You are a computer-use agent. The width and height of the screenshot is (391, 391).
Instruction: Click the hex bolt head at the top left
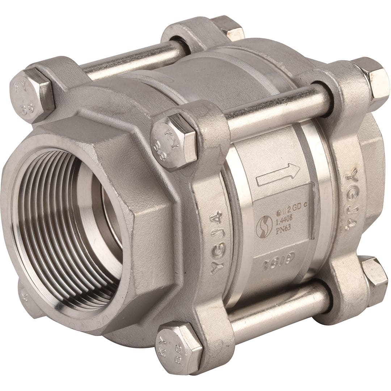[x=30, y=95]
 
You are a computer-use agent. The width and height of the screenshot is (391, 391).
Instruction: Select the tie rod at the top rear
[x=134, y=60]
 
